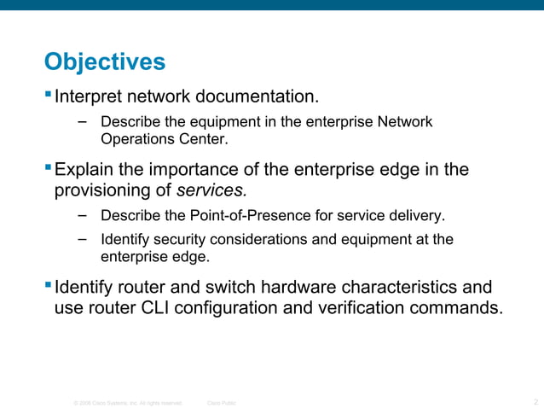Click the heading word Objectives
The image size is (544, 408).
(x=104, y=62)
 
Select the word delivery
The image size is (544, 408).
(x=417, y=214)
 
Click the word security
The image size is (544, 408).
(x=183, y=240)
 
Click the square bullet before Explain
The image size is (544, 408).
(x=48, y=167)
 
